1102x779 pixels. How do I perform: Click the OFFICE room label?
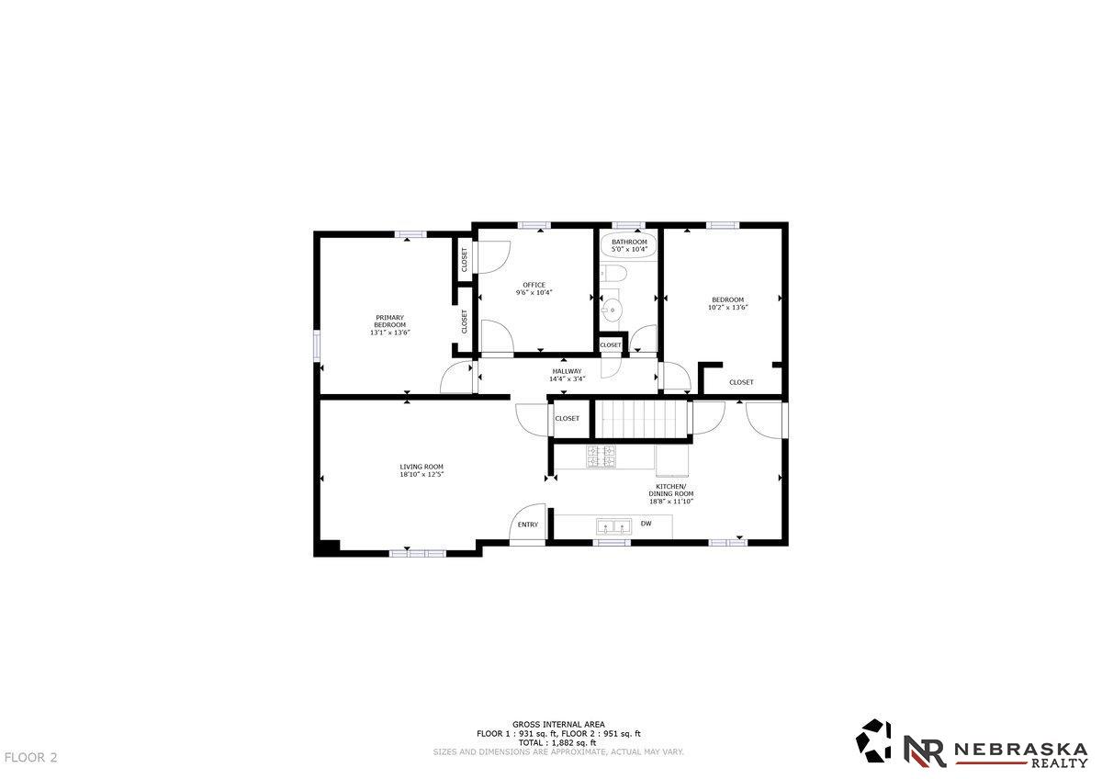534,285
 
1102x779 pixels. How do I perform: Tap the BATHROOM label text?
629,243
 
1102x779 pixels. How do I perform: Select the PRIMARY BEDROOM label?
389,322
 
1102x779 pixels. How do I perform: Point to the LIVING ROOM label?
422,467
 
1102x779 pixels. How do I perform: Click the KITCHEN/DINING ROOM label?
671,490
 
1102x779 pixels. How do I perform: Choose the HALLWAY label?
567,371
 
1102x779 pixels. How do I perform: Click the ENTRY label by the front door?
528,525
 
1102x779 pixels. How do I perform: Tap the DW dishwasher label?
646,523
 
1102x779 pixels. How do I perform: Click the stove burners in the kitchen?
601,457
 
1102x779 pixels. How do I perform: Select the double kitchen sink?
614,526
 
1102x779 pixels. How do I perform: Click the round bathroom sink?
612,310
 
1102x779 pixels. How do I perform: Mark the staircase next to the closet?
641,419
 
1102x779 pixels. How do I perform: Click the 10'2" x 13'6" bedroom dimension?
728,308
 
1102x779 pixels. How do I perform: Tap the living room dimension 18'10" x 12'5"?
422,474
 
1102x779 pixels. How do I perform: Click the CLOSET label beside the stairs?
568,418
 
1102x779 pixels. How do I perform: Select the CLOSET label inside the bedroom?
741,382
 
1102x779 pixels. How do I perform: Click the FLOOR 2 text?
30,757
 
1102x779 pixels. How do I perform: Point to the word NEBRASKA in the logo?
1021,750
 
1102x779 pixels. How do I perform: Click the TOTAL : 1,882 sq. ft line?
557,742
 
